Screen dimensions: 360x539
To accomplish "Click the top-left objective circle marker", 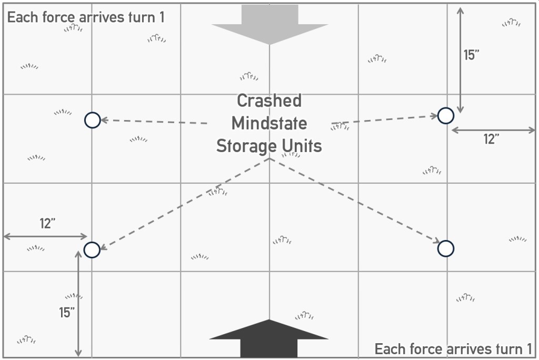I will [92, 120].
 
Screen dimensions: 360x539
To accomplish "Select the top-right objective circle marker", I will [446, 115].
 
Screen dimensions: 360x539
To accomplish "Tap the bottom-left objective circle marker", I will [92, 249].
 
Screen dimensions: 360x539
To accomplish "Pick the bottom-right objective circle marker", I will [446, 248].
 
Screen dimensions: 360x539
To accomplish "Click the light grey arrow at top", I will [269, 24].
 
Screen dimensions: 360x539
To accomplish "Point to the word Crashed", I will [269, 101].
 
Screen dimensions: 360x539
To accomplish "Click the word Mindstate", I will [269, 123].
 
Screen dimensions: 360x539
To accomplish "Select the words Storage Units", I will [269, 146].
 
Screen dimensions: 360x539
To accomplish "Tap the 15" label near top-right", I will [472, 55].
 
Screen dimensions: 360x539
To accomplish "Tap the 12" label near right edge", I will [491, 139].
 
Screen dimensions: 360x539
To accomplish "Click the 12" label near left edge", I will [48, 224].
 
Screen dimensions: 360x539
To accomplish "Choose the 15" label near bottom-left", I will [67, 312].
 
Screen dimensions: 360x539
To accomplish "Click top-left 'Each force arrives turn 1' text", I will [86, 17].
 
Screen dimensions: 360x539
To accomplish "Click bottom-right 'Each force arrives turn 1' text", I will [453, 348].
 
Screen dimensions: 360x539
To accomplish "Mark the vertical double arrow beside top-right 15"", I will [461, 59].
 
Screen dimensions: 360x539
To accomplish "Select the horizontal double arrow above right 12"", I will [493, 129].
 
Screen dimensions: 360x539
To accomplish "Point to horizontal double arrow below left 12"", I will [46, 237].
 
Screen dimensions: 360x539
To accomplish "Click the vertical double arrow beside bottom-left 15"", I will [78, 304].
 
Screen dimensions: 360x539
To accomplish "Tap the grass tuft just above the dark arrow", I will [304, 315].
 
